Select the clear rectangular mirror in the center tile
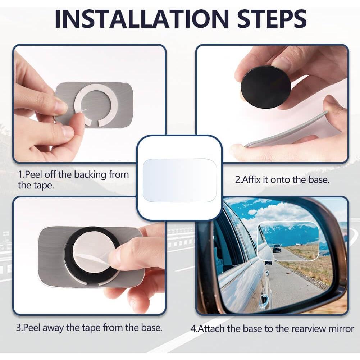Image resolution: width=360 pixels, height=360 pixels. click(x=179, y=180)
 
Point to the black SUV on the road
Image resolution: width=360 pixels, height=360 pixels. click(x=277, y=248)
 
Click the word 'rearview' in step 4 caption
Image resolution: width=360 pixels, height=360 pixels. click(x=306, y=328)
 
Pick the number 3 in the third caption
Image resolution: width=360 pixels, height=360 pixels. click(x=19, y=328)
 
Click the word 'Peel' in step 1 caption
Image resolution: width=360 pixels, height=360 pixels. click(x=32, y=175)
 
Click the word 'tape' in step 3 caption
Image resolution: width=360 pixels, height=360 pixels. click(x=91, y=328)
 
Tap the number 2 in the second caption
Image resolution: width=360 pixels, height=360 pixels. click(x=238, y=180)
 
